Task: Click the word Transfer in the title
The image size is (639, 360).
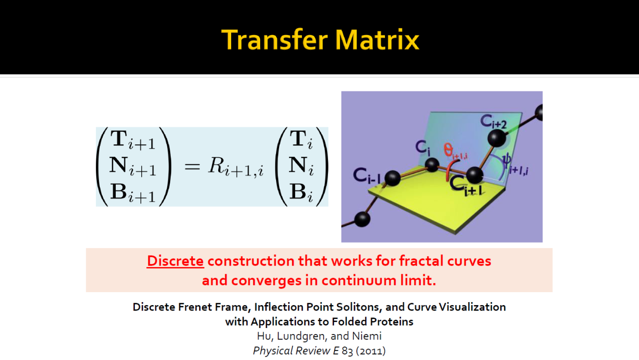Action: [275, 39]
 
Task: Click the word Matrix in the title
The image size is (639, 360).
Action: [377, 39]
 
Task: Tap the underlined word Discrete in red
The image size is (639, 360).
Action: [175, 261]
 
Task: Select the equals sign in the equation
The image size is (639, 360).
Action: [192, 166]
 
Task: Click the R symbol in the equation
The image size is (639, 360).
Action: [216, 165]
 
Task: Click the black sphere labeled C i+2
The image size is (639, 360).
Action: [497, 138]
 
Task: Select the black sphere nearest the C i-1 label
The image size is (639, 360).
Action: [392, 178]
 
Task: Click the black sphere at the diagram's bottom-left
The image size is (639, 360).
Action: [362, 219]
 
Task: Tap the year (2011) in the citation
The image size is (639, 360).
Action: [370, 351]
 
